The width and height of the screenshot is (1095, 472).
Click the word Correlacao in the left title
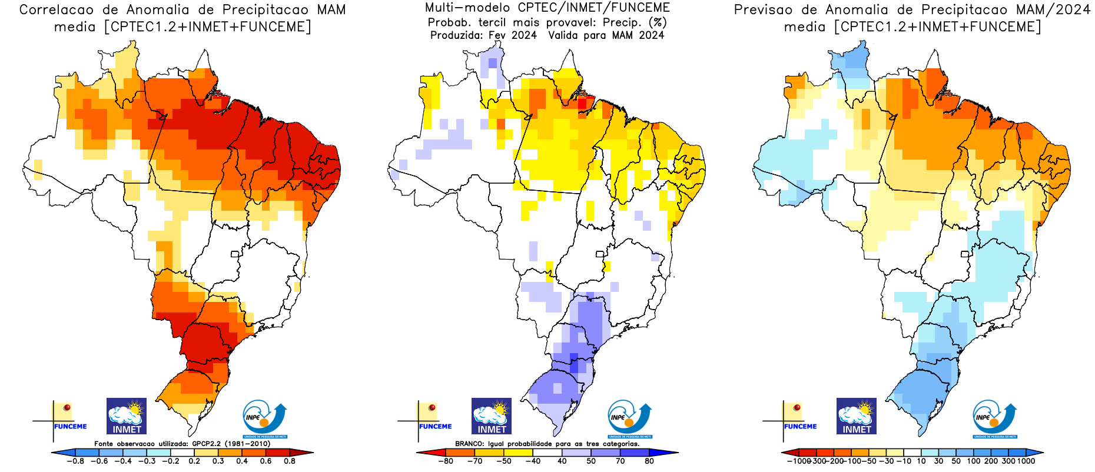point(56,10)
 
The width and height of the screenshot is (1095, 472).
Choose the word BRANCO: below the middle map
point(469,444)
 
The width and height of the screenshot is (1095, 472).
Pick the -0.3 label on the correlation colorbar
point(147,461)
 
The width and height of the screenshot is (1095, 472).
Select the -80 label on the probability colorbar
point(446,461)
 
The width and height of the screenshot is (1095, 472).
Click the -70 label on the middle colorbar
point(474,461)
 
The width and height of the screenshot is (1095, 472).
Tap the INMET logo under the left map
point(127,416)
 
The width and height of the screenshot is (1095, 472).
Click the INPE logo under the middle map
point(629,419)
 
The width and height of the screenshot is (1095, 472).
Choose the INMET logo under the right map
point(857,416)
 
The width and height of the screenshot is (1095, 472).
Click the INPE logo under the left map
point(264,419)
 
